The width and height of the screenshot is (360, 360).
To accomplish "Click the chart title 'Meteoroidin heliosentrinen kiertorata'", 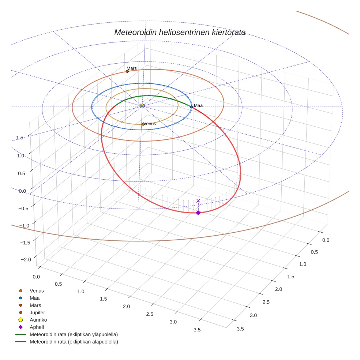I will pyautogui.click(x=180, y=32).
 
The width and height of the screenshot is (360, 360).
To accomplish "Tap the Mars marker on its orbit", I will pyautogui.click(x=127, y=71).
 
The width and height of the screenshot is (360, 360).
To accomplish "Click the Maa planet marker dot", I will pyautogui.click(x=191, y=107).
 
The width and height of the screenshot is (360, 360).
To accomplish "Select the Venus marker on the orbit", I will pyautogui.click(x=143, y=124).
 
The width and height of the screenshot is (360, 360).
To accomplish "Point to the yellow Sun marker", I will pyautogui.click(x=142, y=106).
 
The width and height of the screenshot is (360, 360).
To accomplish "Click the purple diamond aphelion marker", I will pyautogui.click(x=198, y=213).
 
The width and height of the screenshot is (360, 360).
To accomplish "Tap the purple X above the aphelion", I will pyautogui.click(x=198, y=200).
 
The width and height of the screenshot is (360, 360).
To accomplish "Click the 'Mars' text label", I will pyautogui.click(x=132, y=68).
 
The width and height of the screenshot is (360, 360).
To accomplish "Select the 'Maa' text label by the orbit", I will pyautogui.click(x=198, y=105).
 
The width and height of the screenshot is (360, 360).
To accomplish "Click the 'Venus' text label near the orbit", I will pyautogui.click(x=150, y=124).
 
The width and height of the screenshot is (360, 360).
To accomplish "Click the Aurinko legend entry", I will pyautogui.click(x=38, y=320).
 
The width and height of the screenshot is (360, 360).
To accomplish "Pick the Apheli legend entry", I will pyautogui.click(x=37, y=327).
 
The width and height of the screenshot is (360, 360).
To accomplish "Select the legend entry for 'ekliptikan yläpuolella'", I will pyautogui.click(x=74, y=334).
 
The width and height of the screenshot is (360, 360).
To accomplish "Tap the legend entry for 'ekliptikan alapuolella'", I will pyautogui.click(x=74, y=342).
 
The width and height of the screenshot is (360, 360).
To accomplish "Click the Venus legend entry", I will pyautogui.click(x=37, y=290).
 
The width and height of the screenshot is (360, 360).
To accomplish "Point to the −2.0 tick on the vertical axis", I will pyautogui.click(x=26, y=259).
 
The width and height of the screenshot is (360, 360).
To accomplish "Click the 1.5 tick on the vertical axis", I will pyautogui.click(x=20, y=138).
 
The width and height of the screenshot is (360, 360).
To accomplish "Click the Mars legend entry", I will pyautogui.click(x=35, y=305).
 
